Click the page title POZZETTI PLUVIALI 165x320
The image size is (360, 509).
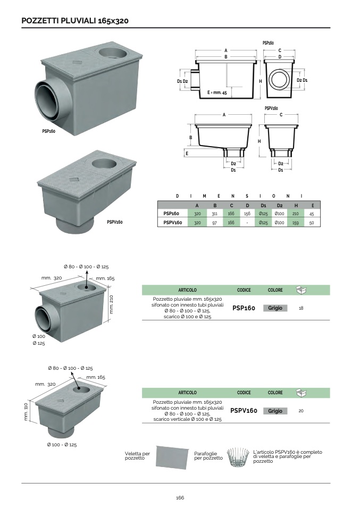[74, 21]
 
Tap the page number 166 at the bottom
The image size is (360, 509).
[180, 497]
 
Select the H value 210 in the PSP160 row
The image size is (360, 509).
[297, 214]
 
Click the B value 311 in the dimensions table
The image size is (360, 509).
[214, 214]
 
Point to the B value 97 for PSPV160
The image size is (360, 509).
[214, 223]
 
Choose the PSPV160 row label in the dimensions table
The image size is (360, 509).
[172, 223]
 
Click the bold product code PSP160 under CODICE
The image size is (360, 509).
[244, 308]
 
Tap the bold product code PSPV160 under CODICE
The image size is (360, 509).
[244, 411]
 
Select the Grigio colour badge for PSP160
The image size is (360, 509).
[275, 308]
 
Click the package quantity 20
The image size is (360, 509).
[301, 411]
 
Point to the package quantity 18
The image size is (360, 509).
[302, 308]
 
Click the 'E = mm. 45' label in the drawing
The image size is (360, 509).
[217, 92]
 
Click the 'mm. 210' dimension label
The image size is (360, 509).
[112, 305]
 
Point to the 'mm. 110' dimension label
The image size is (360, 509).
[26, 412]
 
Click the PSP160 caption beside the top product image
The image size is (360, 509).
[49, 131]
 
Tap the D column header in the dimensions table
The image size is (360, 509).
[247, 205]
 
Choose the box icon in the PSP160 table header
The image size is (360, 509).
[302, 290]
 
